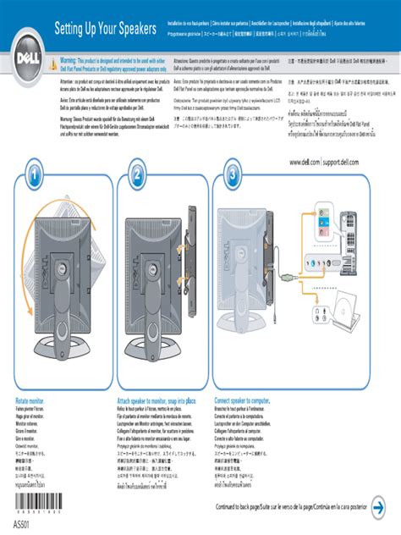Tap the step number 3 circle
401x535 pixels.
233,175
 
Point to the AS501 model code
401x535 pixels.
26,526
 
